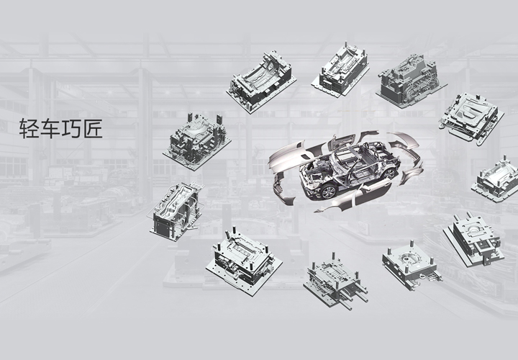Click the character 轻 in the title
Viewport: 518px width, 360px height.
[x=29, y=128]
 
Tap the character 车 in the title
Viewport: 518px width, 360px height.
[x=50, y=128]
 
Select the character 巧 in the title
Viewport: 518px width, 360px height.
[x=71, y=128]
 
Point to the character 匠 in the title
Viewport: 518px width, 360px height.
[x=92, y=128]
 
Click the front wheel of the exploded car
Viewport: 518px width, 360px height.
[x=328, y=192]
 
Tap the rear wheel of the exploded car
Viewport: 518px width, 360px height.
[x=388, y=174]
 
